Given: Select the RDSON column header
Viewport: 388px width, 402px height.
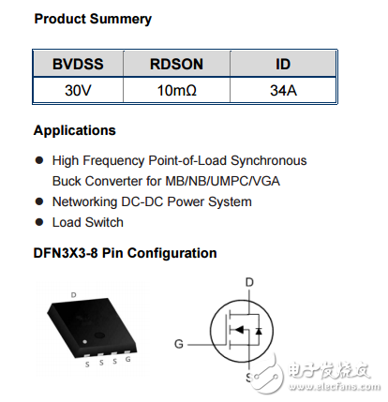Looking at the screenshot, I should pos(177,65).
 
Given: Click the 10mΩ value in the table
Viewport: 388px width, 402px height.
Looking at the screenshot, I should pos(177,91).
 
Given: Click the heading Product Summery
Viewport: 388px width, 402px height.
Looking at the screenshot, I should pos(92,19).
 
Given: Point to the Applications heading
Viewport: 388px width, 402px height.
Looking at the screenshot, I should pos(74,130).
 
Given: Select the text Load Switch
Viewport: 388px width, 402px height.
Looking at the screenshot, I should pos(87,222).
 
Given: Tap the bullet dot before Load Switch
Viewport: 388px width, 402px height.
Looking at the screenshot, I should pos(38,223).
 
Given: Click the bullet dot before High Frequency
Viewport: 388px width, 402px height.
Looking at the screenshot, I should pos(38,161).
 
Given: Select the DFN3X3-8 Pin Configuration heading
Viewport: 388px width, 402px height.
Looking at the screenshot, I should pos(125,253).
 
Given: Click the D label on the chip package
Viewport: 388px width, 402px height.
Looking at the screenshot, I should pos(73,294).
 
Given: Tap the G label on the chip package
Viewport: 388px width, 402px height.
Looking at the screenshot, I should pos(127,360).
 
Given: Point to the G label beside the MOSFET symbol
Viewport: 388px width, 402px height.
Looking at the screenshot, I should pos(179,344).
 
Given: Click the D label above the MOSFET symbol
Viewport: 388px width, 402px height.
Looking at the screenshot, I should pos(249,281).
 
